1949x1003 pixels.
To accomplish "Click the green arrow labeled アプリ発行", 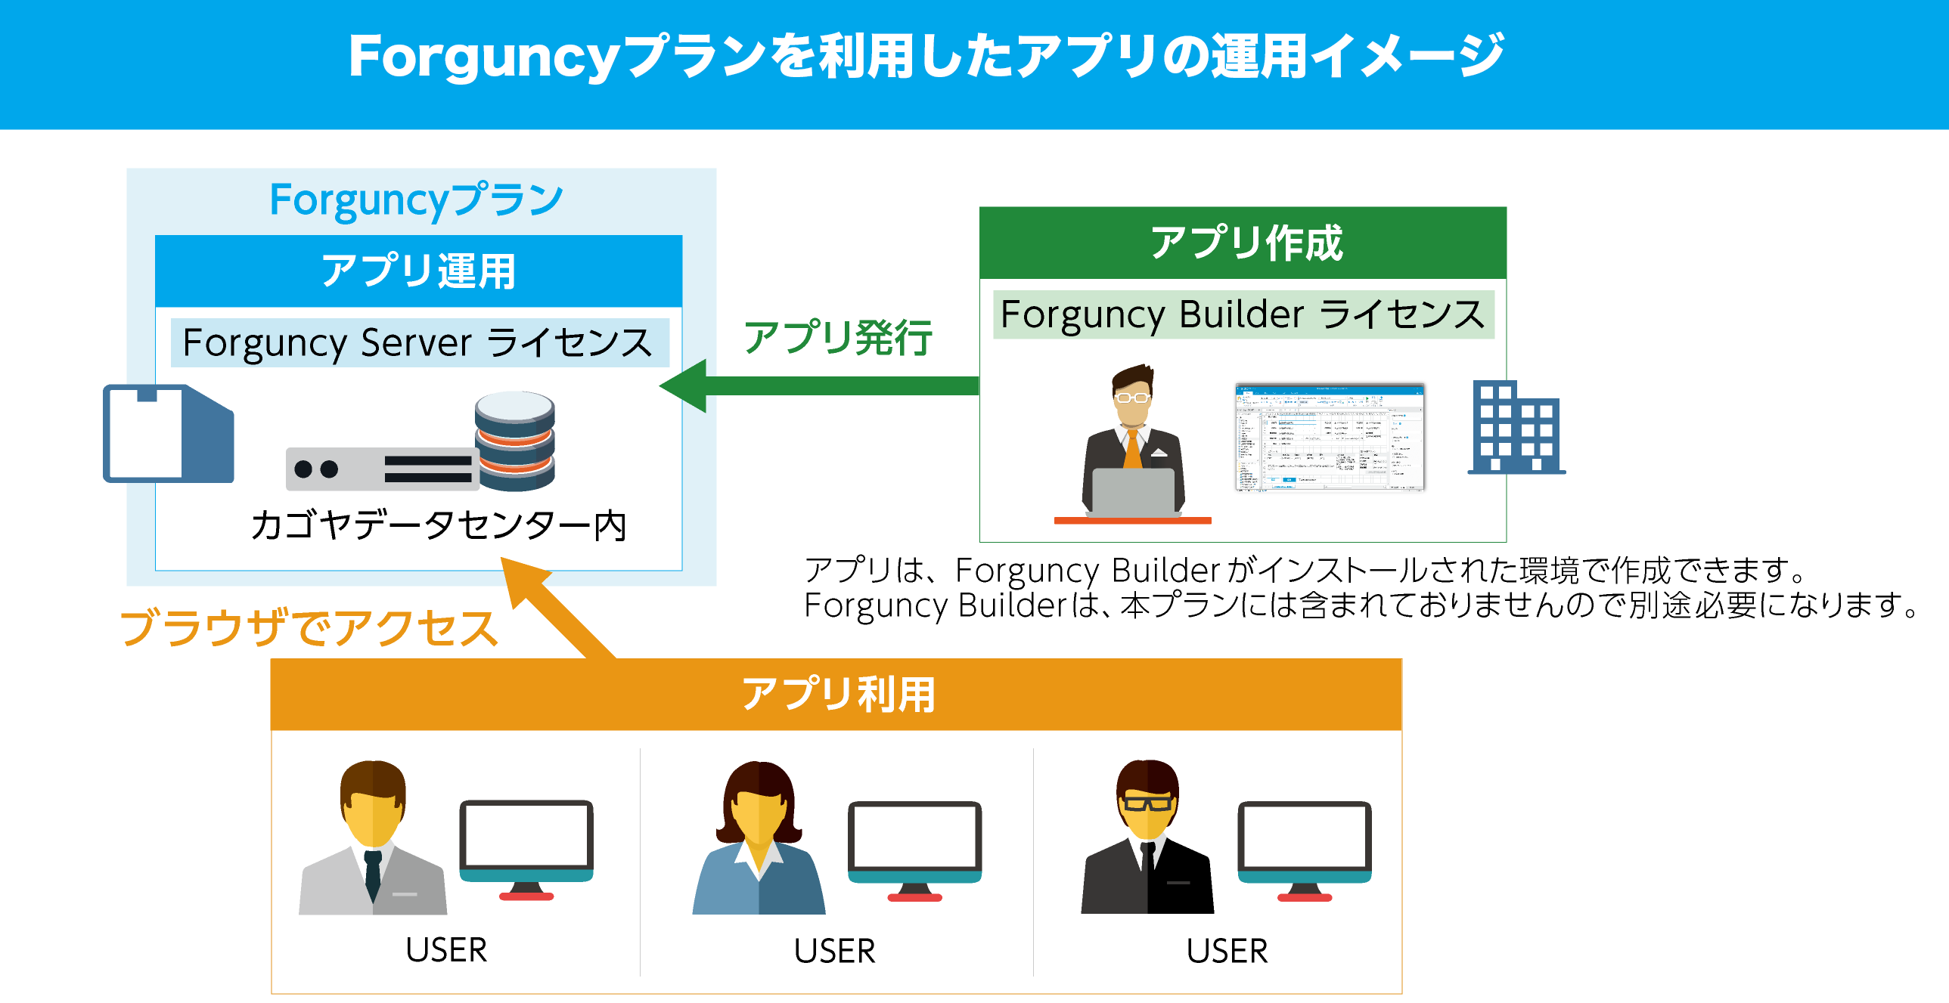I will pos(824,385).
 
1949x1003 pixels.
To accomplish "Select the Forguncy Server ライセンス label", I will pos(418,342).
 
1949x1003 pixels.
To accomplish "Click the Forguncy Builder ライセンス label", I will pos(1243,314).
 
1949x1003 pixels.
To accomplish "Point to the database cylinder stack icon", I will pos(514,440).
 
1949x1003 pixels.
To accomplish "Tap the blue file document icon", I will pos(168,433).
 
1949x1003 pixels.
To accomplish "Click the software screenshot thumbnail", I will pos(1330,437).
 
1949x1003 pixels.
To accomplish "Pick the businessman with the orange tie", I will pos(1133,442).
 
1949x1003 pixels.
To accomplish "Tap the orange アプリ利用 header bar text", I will pos(836,694).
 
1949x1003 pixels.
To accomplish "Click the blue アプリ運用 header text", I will pos(418,271).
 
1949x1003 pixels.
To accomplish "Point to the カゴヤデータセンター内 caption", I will pos(439,525).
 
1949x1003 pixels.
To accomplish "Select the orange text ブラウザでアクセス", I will pos(309,628).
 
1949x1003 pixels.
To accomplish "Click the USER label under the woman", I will pos(834,951).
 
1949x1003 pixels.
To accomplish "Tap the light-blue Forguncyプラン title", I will pos(416,200).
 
